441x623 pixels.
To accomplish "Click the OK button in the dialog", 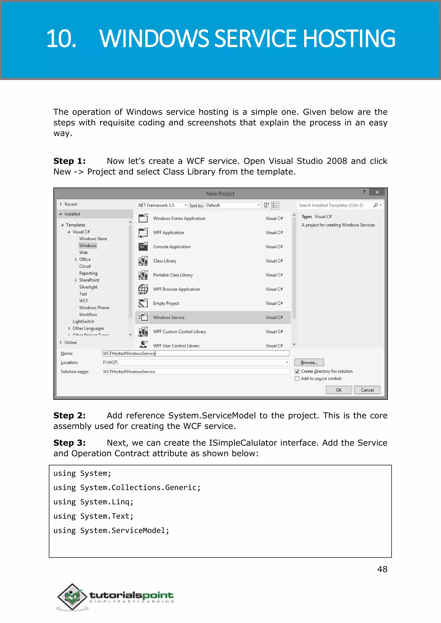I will click(339, 390).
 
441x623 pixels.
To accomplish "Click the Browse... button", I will click(309, 362).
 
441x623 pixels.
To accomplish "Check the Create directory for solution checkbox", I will click(297, 371).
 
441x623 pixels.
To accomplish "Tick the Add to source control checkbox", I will click(297, 379).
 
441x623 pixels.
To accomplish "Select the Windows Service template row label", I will click(169, 317).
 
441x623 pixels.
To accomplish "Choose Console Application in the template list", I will click(172, 246).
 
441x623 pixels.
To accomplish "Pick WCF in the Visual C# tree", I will click(84, 301).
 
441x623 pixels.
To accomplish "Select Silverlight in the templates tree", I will click(88, 287).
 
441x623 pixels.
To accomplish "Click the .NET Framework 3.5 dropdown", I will click(162, 205).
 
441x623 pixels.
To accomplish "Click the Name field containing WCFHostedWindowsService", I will click(196, 353).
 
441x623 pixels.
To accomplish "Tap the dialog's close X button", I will click(377, 192).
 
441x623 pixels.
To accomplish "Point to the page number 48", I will click(382, 569).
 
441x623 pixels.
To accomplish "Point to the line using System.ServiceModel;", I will click(111, 530).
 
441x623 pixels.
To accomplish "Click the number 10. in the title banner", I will click(61, 39).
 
